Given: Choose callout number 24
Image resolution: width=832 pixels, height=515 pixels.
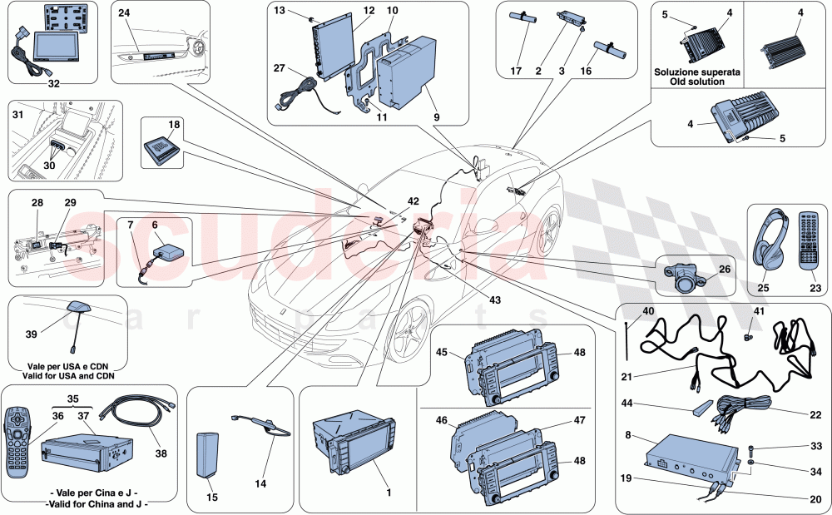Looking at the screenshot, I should (124, 13).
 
